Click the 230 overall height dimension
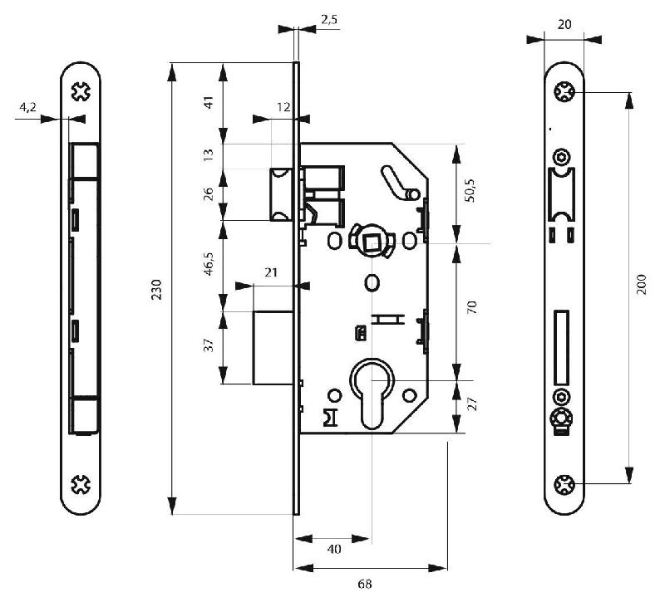(x=156, y=288)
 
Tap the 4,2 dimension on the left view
(x=27, y=107)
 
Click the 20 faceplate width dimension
(x=564, y=26)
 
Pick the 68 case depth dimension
(x=364, y=585)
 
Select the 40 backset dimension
(x=333, y=549)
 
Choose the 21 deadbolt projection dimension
(x=272, y=272)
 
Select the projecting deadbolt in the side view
(x=271, y=347)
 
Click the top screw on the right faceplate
(x=564, y=92)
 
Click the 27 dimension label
(x=470, y=405)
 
